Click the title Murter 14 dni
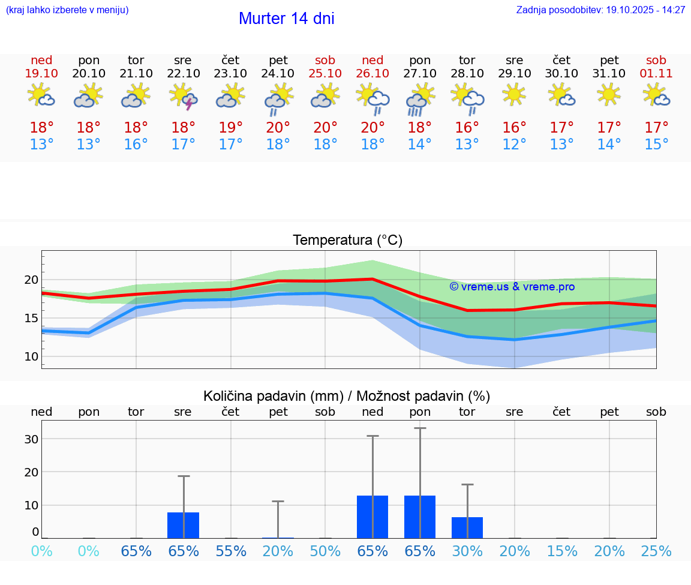coord(286,19)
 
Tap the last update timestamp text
coord(600,10)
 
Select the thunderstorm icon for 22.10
coord(184,97)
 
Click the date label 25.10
coord(325,73)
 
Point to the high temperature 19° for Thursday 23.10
coord(230,127)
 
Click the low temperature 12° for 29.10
coord(514,145)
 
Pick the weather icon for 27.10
coord(420,98)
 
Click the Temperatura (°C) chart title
coord(347,240)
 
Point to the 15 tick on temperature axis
coord(31,318)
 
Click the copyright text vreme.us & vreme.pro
coord(512,287)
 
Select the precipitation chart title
coord(347,396)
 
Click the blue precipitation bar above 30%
coord(467,527)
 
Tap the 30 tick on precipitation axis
coord(31,439)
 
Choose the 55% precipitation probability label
coord(231,551)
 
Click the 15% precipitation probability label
coord(562,551)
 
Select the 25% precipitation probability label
coord(656,551)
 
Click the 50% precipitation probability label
coord(325,551)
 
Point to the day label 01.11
coord(656,73)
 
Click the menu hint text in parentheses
coord(67,10)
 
